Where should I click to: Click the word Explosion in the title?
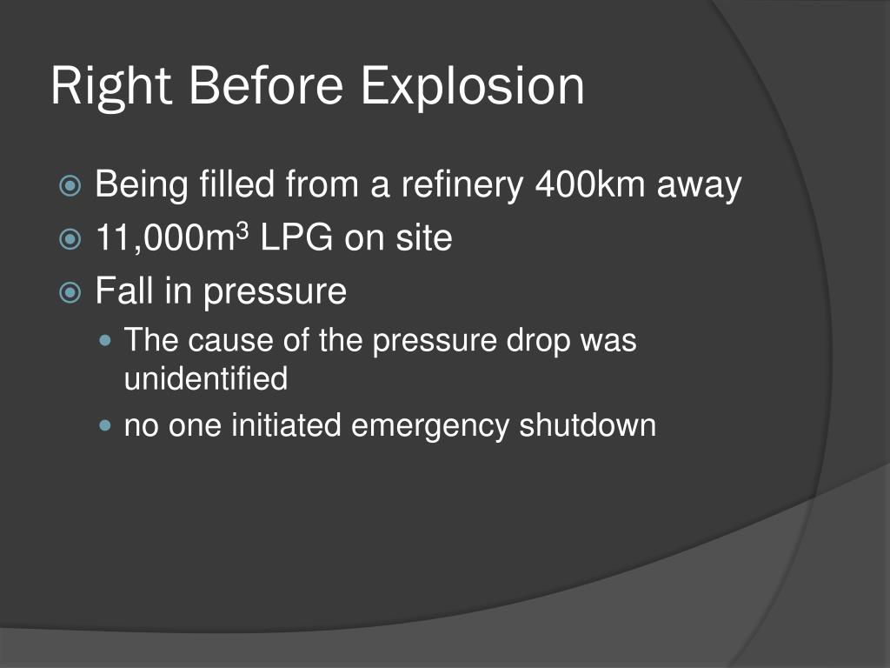[473, 87]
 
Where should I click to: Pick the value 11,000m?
[165, 238]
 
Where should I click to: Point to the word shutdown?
[588, 426]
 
